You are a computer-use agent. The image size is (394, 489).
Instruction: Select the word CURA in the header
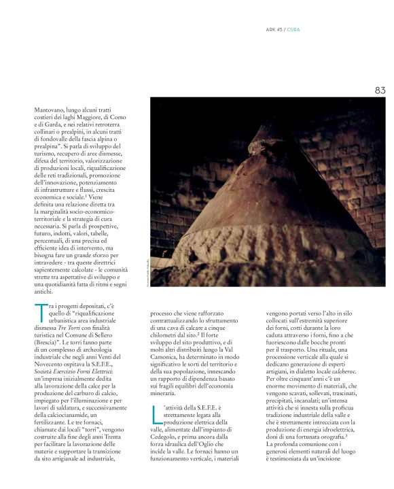[295, 29]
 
